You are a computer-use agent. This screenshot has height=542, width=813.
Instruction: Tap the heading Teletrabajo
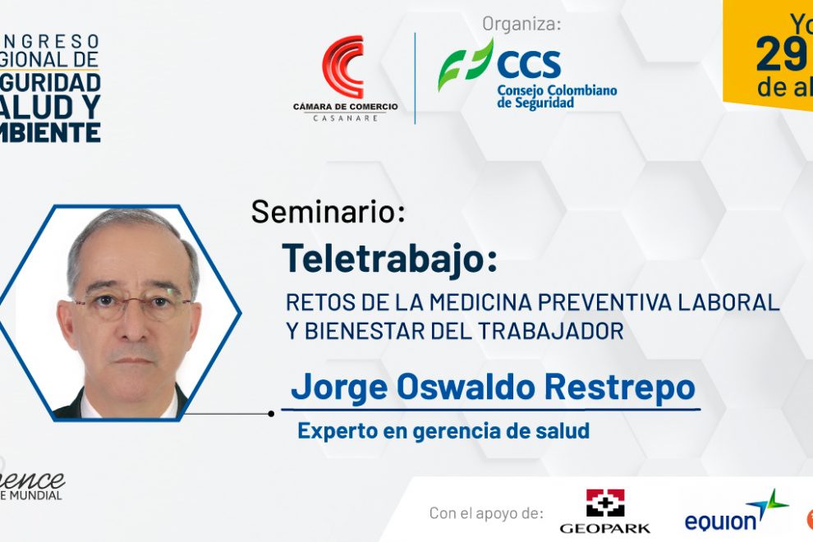coord(389,257)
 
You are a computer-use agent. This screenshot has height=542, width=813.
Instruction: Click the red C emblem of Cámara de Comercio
coord(344,67)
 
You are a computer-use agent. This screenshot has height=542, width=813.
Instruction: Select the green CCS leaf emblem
coord(465,64)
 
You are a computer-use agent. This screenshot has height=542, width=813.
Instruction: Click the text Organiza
coord(521,24)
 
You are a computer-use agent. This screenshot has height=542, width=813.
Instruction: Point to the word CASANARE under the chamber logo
coord(345,117)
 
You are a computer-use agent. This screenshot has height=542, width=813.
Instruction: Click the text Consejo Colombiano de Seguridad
coord(556,97)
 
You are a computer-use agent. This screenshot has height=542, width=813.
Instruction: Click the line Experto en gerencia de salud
coord(443,430)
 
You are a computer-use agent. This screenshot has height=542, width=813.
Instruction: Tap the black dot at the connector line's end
coord(271,414)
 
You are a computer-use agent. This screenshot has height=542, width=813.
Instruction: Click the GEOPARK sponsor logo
coord(604,512)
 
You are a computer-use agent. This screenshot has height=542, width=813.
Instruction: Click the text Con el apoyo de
coord(486,513)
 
